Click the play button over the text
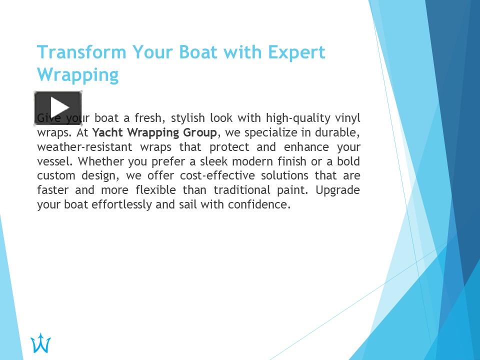58,107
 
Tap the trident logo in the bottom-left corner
40,343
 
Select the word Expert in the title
296,52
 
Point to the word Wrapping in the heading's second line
78,75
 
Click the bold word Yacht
108,133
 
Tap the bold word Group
199,133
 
